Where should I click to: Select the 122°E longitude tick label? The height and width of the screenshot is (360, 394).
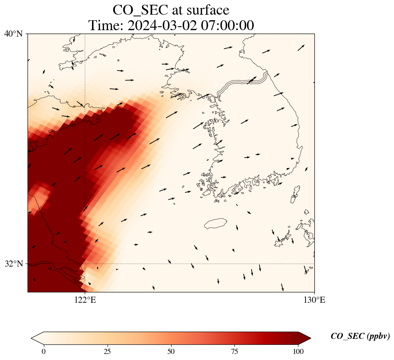tap(85, 300)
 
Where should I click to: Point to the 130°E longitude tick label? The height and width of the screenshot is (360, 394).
tap(314, 300)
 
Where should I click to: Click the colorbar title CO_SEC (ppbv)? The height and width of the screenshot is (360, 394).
tap(360, 336)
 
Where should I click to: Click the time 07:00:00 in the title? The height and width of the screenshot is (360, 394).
tap(225, 25)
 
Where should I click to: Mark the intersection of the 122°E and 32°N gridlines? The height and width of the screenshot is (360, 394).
tap(85, 264)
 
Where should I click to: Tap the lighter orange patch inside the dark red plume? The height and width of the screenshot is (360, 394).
tap(39, 196)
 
